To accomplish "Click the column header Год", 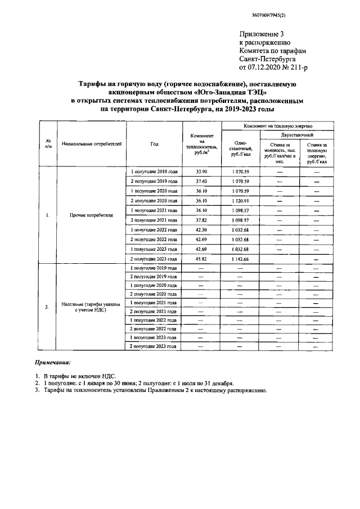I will (x=154, y=144).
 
